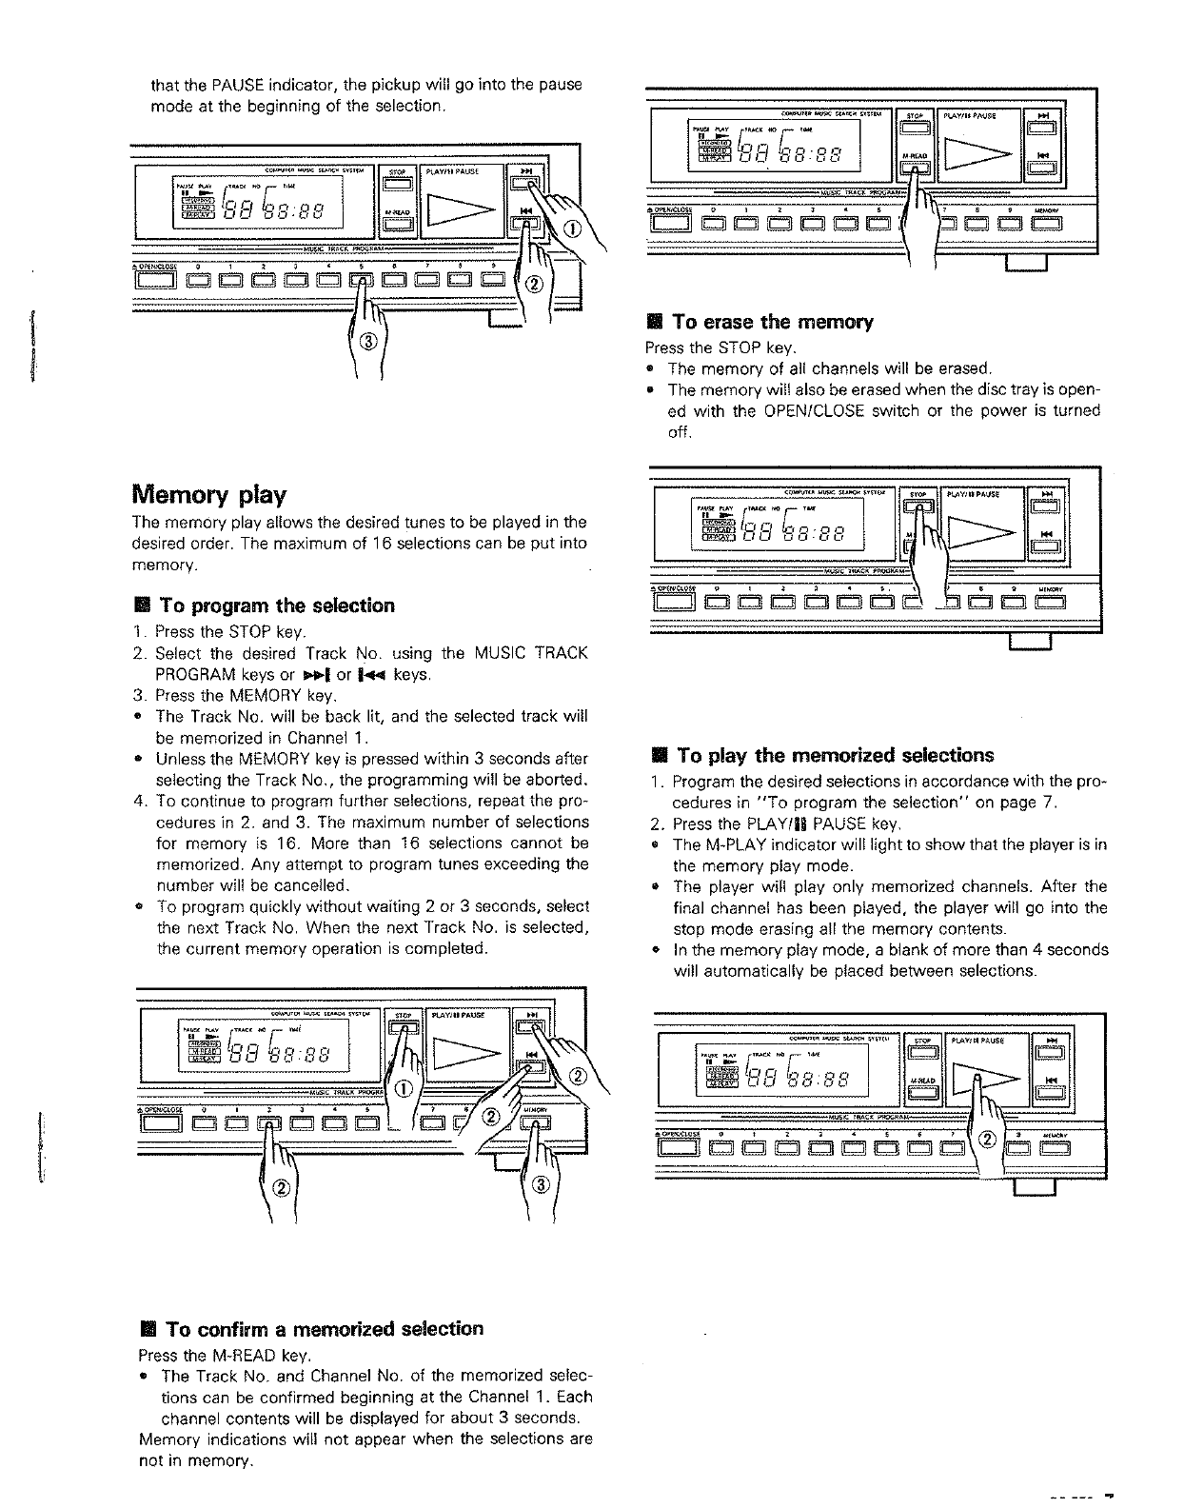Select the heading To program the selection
[x=276, y=605]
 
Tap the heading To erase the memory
[x=772, y=322]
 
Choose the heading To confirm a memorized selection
[x=324, y=1328]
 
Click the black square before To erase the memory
[x=654, y=323]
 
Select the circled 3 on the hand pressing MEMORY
[x=540, y=1184]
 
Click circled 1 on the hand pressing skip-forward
[x=570, y=228]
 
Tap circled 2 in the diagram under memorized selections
[x=986, y=1140]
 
